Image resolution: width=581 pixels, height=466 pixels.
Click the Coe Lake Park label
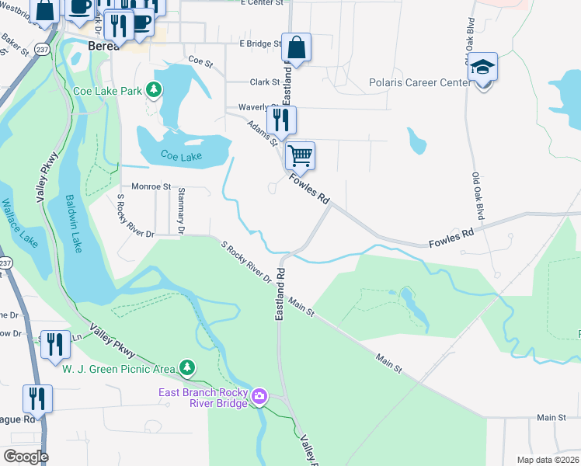tap(108, 91)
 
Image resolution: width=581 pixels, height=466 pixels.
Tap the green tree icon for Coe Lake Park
tap(155, 90)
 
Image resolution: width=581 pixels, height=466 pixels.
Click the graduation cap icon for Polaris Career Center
tap(482, 67)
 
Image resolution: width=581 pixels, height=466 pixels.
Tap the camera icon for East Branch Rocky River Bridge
tap(259, 397)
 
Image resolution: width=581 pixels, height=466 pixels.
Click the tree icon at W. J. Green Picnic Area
tap(186, 367)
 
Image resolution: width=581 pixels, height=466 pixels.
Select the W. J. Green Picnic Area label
tap(118, 367)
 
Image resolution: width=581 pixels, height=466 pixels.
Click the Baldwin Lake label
tap(71, 224)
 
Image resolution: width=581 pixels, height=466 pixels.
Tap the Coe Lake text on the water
tap(181, 156)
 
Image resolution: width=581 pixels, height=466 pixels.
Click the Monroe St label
tap(151, 186)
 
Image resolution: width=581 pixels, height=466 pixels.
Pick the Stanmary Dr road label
tap(180, 210)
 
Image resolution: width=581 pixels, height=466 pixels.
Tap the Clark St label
tap(264, 82)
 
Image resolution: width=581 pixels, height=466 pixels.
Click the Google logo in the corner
tap(26, 457)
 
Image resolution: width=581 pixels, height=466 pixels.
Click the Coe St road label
tap(200, 59)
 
